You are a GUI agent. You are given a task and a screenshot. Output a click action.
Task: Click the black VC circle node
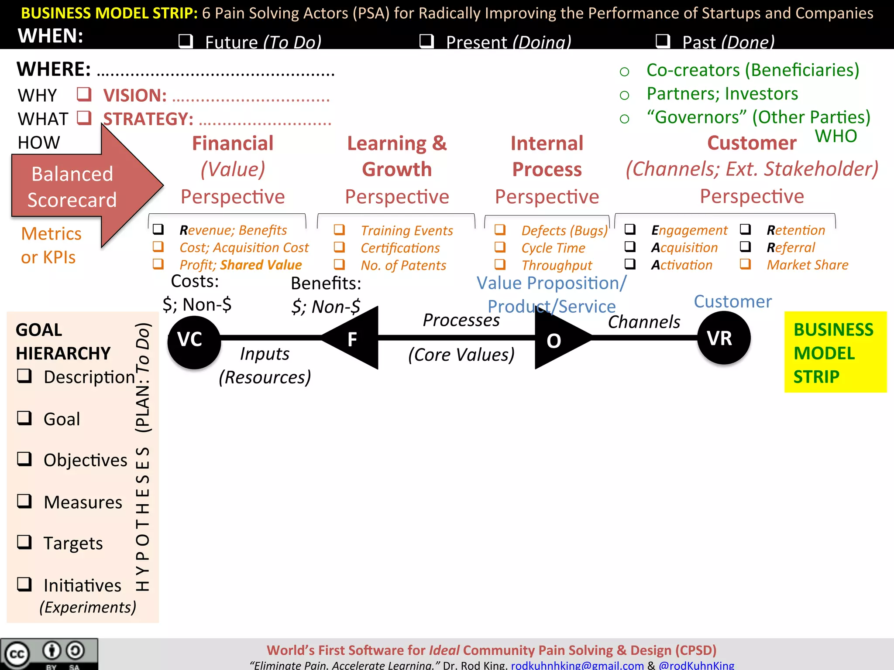(x=194, y=342)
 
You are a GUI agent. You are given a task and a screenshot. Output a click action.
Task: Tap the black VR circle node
(x=724, y=338)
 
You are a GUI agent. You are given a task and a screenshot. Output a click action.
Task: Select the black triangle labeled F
(x=354, y=338)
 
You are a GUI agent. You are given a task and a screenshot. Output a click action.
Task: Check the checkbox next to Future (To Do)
(x=186, y=41)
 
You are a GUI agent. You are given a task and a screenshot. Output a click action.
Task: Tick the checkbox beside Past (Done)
(x=663, y=41)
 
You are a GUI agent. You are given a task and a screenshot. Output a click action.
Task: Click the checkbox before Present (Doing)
(x=426, y=41)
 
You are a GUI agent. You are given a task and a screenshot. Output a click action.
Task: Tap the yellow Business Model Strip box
(x=835, y=352)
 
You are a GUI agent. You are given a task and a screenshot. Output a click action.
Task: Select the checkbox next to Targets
(x=24, y=542)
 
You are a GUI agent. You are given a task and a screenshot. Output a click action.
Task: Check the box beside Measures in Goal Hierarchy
(x=24, y=501)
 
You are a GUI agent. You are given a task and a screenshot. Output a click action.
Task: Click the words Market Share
(x=807, y=265)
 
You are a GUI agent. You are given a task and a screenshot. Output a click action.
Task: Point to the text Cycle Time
(x=553, y=248)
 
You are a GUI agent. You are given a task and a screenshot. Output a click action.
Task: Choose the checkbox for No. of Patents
(x=339, y=264)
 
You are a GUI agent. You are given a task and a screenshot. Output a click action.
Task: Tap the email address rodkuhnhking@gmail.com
(x=577, y=665)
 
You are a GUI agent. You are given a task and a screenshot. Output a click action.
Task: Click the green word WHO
(x=836, y=136)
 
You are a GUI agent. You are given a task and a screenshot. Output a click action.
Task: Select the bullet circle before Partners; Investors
(x=624, y=95)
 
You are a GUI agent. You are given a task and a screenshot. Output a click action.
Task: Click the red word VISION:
(x=135, y=96)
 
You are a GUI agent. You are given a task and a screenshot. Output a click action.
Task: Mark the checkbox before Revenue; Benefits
(x=158, y=229)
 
